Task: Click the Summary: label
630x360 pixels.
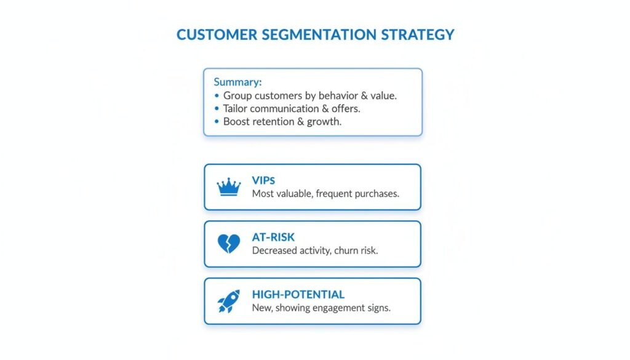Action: tap(237, 82)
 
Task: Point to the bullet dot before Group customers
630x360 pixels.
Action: tap(217, 96)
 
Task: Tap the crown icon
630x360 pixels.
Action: tap(229, 187)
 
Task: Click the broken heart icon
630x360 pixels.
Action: tap(229, 244)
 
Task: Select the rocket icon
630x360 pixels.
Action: tap(229, 301)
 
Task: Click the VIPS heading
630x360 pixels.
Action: tap(264, 180)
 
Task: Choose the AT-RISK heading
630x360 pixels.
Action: tap(274, 238)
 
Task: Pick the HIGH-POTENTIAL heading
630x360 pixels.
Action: tap(298, 295)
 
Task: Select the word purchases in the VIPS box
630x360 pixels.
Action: tap(377, 193)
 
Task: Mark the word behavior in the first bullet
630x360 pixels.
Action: tap(340, 96)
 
